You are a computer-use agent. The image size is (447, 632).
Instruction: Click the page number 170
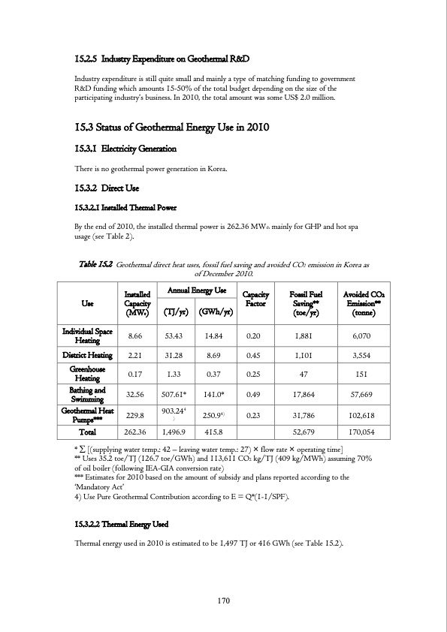[223, 599]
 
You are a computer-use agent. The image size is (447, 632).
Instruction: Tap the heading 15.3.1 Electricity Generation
[123, 151]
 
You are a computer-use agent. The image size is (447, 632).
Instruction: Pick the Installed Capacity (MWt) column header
[138, 301]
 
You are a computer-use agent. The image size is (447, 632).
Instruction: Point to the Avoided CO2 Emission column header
[364, 301]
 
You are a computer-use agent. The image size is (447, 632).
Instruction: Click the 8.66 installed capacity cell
[137, 334]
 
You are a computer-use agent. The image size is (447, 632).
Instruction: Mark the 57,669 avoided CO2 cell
[364, 393]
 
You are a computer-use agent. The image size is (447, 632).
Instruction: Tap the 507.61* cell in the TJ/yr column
[174, 393]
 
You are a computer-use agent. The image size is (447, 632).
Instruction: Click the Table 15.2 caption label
[95, 264]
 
